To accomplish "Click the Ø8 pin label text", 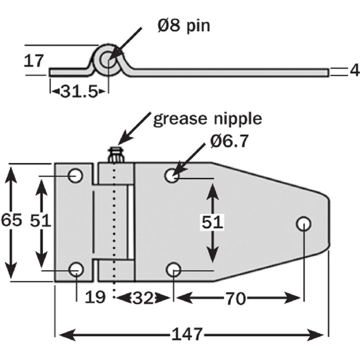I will pos(183,26).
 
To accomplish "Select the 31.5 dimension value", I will pos(79,91).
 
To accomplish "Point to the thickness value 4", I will pos(354,70).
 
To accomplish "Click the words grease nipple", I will pos(207,119).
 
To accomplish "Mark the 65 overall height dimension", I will pos(11,220).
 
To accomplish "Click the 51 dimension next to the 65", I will pos(41,220).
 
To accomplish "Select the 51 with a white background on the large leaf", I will pos(212,222).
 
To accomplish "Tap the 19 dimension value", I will pos(95,297).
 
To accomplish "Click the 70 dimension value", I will pos(235,299).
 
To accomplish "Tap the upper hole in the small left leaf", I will pos(76,175).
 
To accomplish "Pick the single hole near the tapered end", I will pos(303,223).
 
